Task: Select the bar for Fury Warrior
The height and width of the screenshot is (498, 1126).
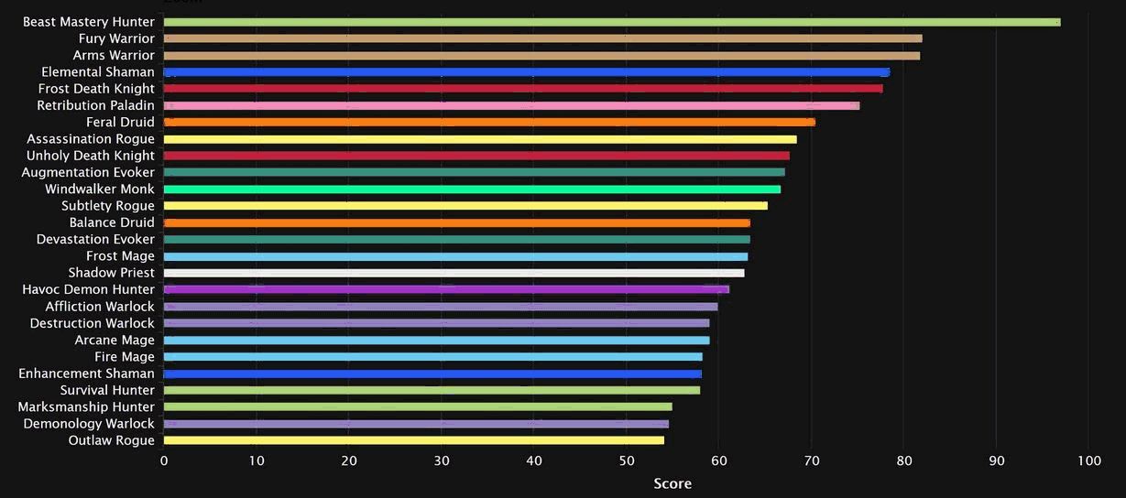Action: coord(542,38)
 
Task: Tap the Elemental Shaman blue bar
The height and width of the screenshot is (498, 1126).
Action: coord(526,72)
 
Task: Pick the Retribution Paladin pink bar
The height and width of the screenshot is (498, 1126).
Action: coord(511,105)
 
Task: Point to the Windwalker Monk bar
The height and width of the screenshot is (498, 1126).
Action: coord(472,189)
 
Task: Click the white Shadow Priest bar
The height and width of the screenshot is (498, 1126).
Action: coord(454,273)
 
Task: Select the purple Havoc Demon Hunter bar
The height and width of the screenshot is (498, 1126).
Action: coord(446,289)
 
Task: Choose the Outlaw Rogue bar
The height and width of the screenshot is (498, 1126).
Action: coord(413,440)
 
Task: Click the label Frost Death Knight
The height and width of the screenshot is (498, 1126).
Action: coord(96,89)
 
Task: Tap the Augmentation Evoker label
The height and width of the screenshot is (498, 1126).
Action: coord(88,172)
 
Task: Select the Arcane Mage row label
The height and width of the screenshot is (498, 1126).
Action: coord(115,340)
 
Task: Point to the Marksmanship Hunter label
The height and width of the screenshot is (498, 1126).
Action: coord(86,406)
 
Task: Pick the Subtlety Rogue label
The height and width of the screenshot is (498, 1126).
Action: coord(108,206)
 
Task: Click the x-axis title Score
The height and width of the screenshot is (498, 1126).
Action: coord(672,483)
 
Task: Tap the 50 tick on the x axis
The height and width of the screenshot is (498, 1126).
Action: coord(627,461)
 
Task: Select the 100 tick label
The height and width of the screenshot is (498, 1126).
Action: coord(1088,461)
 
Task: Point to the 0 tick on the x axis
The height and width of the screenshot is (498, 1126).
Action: coord(164,461)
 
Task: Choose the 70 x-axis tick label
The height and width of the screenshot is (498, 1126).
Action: coord(812,461)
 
